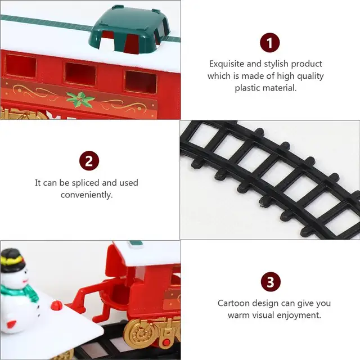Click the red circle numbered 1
point(269,43)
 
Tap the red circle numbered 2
point(88,161)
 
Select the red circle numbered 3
point(269,281)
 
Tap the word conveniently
point(87,195)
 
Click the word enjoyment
point(299,315)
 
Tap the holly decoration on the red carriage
point(80,98)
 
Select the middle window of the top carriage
point(79,74)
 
